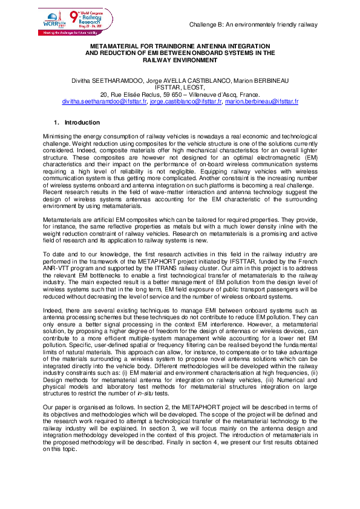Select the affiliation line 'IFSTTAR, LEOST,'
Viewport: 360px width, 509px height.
tap(180, 87)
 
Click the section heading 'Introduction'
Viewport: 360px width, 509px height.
tap(82, 123)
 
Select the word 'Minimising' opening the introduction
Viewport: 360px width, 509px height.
tap(58, 138)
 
